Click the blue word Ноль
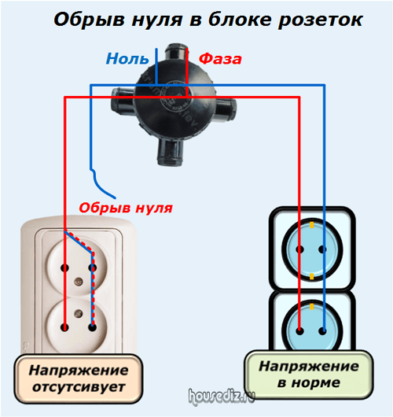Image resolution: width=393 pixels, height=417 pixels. click(127, 58)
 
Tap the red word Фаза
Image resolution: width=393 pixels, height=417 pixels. click(220, 59)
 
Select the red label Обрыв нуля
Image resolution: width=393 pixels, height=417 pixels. click(126, 208)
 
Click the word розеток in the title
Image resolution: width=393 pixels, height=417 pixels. click(320, 20)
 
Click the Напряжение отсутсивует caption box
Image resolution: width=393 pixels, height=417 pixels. click(79, 378)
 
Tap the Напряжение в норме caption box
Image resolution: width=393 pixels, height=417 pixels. click(309, 375)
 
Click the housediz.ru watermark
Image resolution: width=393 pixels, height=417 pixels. click(222, 397)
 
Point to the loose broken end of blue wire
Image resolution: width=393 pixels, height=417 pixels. click(115, 197)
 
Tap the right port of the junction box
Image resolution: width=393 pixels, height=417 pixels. click(226, 109)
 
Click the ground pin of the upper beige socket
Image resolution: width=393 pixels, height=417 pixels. click(79, 281)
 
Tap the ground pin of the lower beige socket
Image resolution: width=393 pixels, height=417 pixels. click(79, 313)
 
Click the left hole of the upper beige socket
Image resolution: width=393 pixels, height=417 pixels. click(64, 268)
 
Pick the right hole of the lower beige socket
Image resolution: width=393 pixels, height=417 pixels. click(92, 327)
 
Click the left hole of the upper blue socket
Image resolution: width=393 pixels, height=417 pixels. click(300, 249)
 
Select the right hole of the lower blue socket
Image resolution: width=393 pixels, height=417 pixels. click(322, 331)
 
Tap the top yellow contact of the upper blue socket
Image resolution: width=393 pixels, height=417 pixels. click(312, 225)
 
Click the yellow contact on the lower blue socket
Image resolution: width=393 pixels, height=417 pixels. click(312, 307)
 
